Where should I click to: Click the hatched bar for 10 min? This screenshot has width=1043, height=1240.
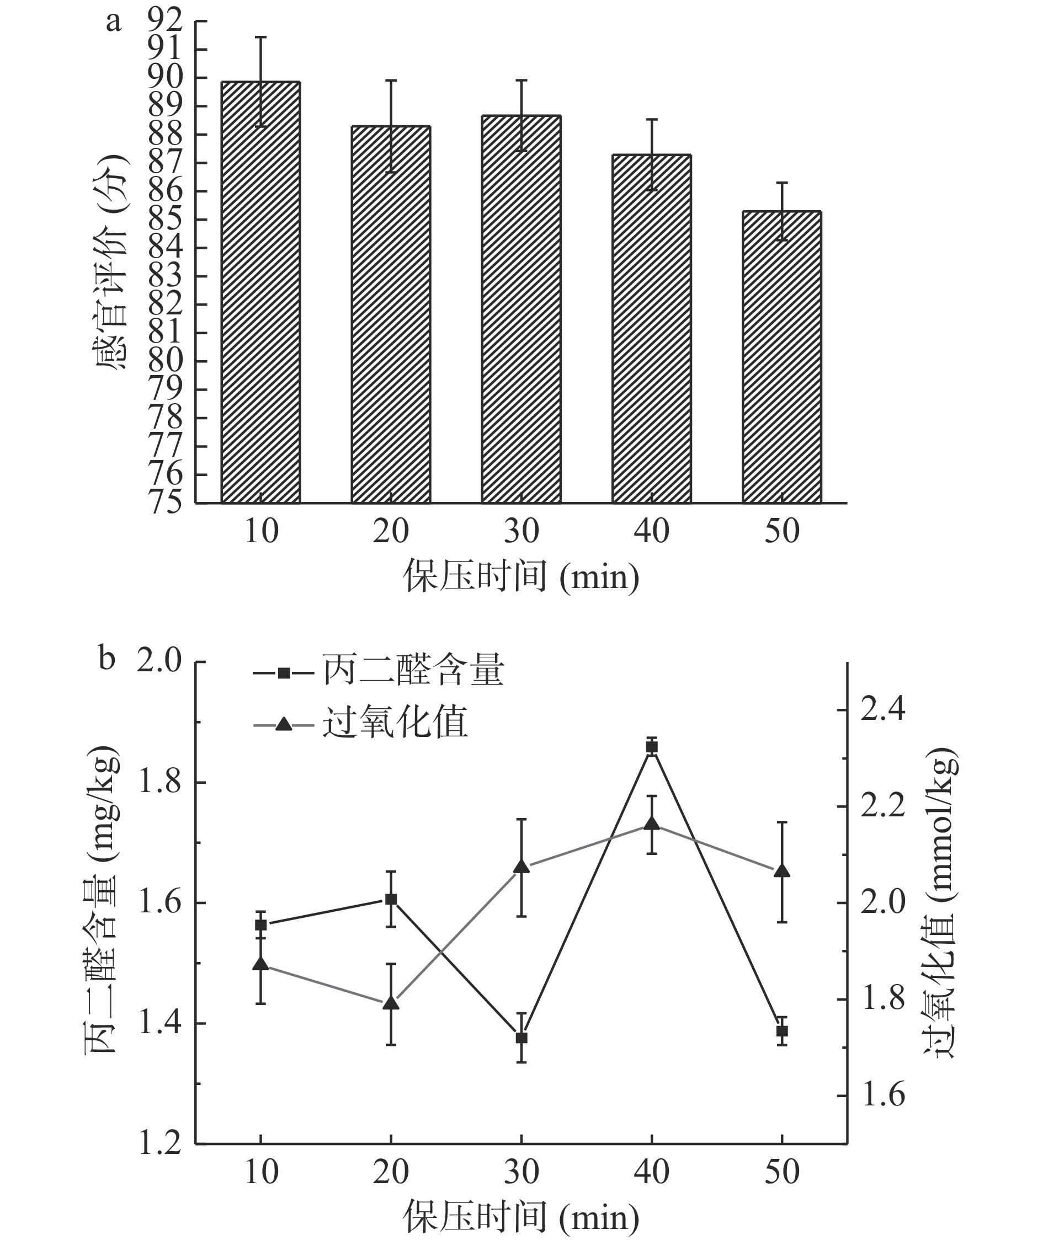[260, 292]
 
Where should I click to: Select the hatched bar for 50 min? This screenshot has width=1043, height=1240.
[781, 357]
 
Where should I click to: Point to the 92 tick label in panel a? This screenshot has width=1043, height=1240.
[167, 22]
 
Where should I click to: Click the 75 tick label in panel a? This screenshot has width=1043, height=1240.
[167, 503]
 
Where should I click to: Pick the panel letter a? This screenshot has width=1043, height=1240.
[114, 23]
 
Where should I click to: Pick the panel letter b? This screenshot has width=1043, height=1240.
[107, 659]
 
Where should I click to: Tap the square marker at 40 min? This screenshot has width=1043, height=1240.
[652, 747]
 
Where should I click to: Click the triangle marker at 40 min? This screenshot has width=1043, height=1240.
[652, 824]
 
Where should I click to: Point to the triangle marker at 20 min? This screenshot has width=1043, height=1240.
[391, 1003]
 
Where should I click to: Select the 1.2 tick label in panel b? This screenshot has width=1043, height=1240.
[159, 1143]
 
